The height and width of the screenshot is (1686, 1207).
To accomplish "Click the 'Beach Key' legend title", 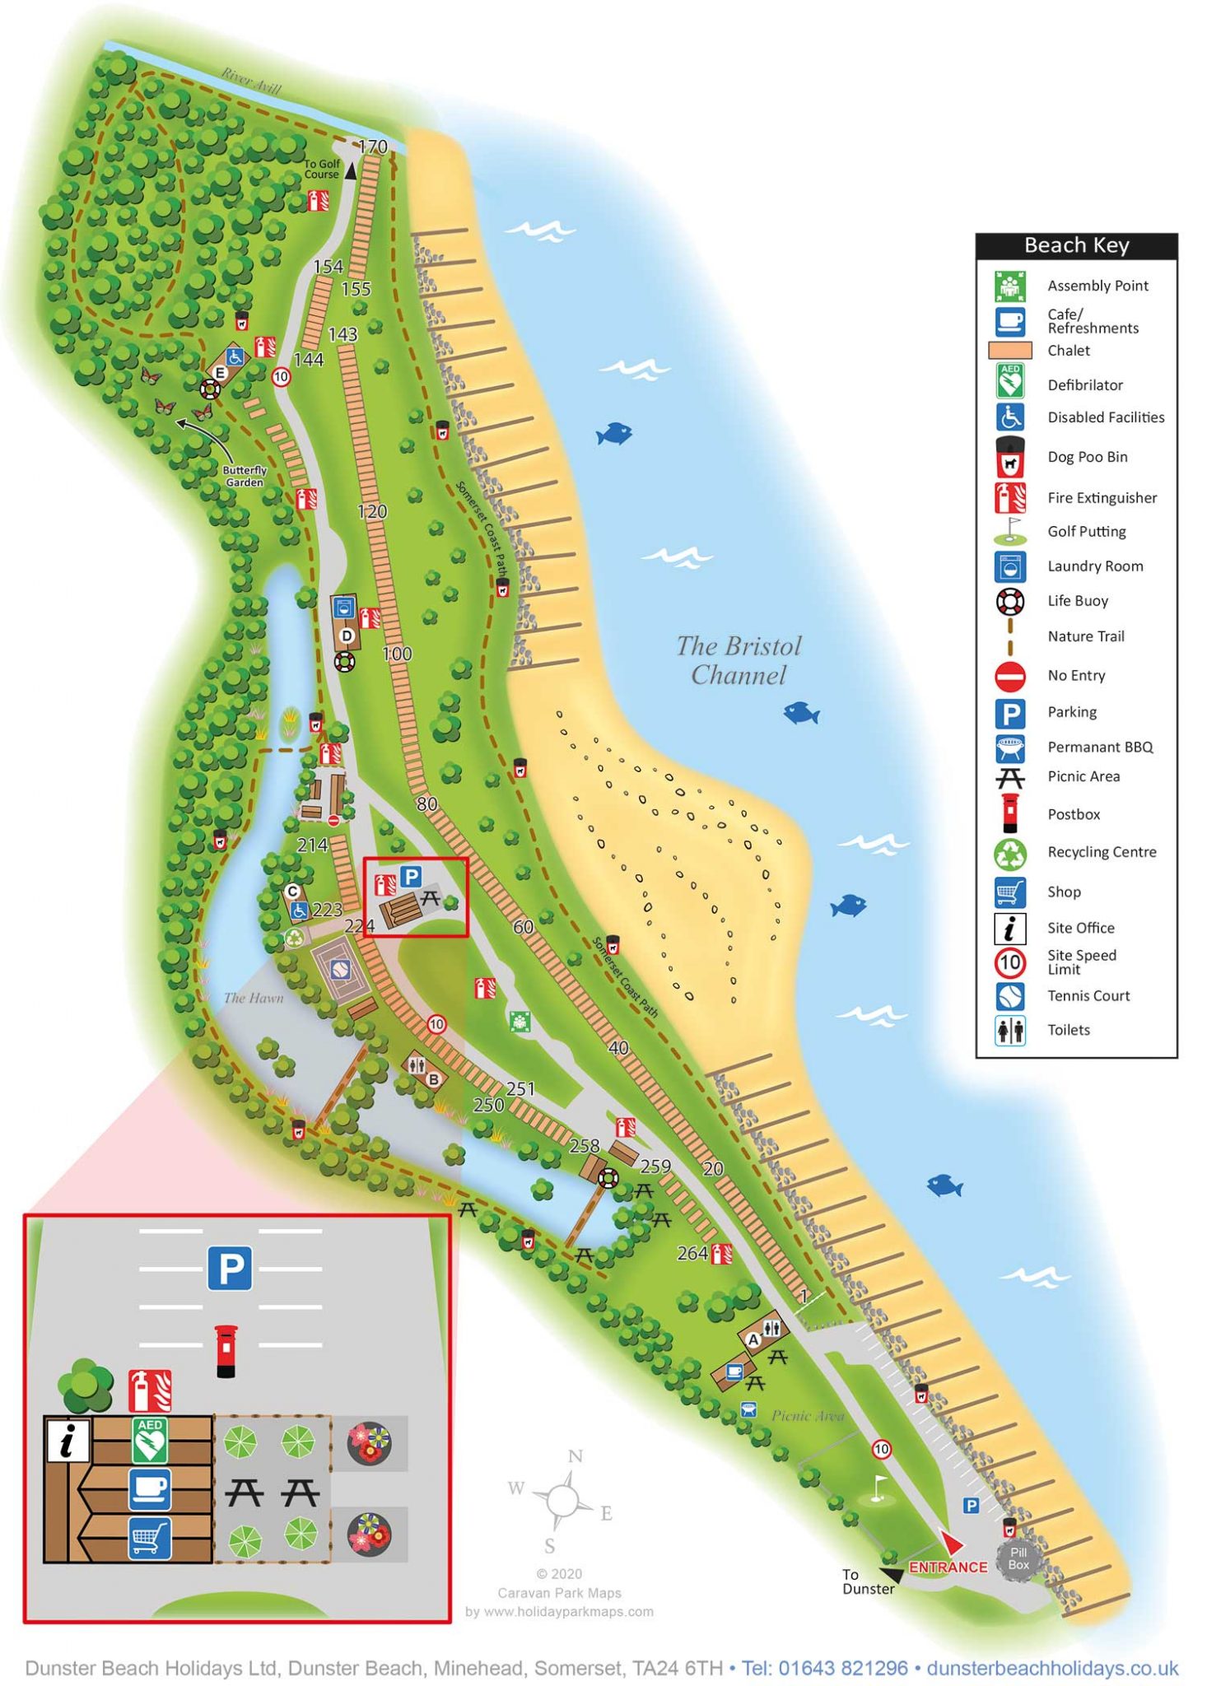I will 1075,245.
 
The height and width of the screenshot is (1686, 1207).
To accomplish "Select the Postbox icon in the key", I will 1010,813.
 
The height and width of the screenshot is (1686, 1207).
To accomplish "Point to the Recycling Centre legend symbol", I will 1010,853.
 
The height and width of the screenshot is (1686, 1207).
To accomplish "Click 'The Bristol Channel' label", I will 738,660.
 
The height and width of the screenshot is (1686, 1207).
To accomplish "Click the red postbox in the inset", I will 226,1350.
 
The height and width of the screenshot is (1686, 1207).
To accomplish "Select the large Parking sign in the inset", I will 229,1268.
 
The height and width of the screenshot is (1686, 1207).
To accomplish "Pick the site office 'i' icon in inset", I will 67,1440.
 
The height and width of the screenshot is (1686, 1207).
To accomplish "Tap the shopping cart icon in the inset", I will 150,1537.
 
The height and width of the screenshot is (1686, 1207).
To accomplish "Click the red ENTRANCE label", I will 948,1567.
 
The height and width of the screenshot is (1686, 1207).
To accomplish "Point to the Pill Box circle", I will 1018,1558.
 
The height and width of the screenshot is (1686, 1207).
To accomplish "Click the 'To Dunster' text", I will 866,1581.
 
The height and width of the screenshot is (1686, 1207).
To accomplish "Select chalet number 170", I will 373,147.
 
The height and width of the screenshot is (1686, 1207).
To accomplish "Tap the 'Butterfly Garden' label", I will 245,476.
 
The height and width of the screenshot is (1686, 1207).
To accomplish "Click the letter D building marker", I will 347,636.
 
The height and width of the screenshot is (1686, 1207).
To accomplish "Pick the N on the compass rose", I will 576,1456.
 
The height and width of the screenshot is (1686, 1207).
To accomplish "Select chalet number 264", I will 692,1253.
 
